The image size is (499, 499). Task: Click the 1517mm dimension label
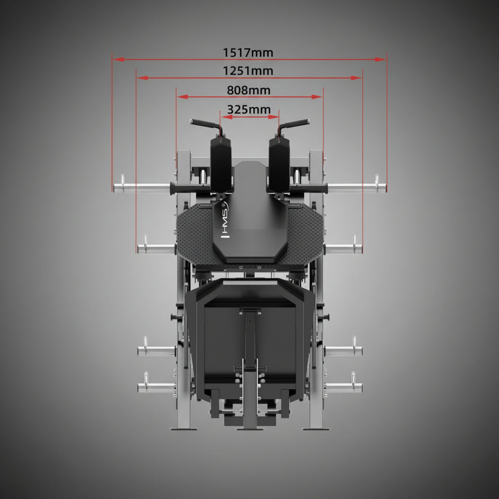click(248, 53)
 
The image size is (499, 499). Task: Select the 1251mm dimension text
click(248, 71)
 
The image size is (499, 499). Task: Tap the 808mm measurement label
click(249, 90)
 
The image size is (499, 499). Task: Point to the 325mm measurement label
click(249, 110)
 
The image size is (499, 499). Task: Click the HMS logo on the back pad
click(225, 220)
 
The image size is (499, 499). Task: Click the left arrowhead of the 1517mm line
click(118, 59)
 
